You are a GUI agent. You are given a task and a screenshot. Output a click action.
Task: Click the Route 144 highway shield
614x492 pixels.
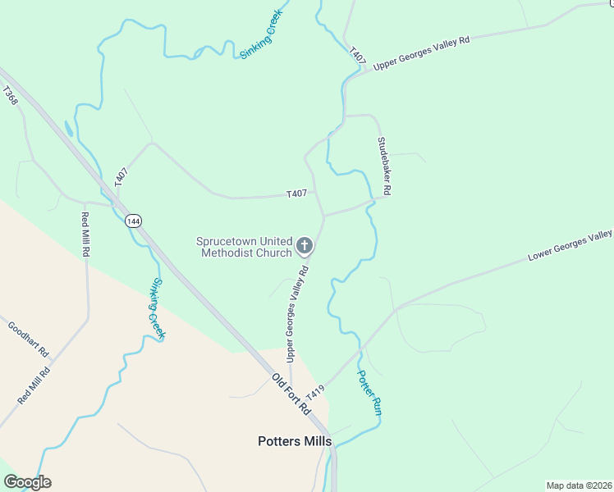132,221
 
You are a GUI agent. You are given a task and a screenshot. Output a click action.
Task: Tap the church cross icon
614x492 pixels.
304,245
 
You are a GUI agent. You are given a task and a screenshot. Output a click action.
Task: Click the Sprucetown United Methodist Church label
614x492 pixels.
244,247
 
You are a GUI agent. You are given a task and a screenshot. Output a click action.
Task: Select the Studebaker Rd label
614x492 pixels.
383,166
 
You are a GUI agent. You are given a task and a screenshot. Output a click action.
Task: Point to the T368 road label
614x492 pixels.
10,96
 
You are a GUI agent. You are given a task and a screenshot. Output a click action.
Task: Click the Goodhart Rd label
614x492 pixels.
30,339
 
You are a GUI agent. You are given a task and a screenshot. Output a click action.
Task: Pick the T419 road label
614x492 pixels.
316,392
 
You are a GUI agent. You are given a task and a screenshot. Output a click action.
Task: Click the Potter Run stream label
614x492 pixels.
368,393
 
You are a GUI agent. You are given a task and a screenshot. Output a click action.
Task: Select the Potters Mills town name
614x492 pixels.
295,441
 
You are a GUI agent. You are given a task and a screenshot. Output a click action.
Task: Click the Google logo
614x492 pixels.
27,482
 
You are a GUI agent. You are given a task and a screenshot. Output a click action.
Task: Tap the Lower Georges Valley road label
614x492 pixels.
570,245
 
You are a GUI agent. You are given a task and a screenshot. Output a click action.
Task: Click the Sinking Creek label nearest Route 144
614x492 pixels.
157,309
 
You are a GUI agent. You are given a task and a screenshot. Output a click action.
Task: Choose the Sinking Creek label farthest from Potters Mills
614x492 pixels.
261,34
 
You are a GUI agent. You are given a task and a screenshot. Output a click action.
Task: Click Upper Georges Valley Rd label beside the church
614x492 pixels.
296,314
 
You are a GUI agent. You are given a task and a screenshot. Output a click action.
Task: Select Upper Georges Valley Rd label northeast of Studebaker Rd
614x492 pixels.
420,52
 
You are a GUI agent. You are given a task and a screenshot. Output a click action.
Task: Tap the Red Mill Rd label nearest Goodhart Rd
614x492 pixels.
34,385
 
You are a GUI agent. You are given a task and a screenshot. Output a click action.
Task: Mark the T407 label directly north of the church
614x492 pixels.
296,194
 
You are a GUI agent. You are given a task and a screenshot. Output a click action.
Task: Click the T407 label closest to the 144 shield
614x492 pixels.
121,178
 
